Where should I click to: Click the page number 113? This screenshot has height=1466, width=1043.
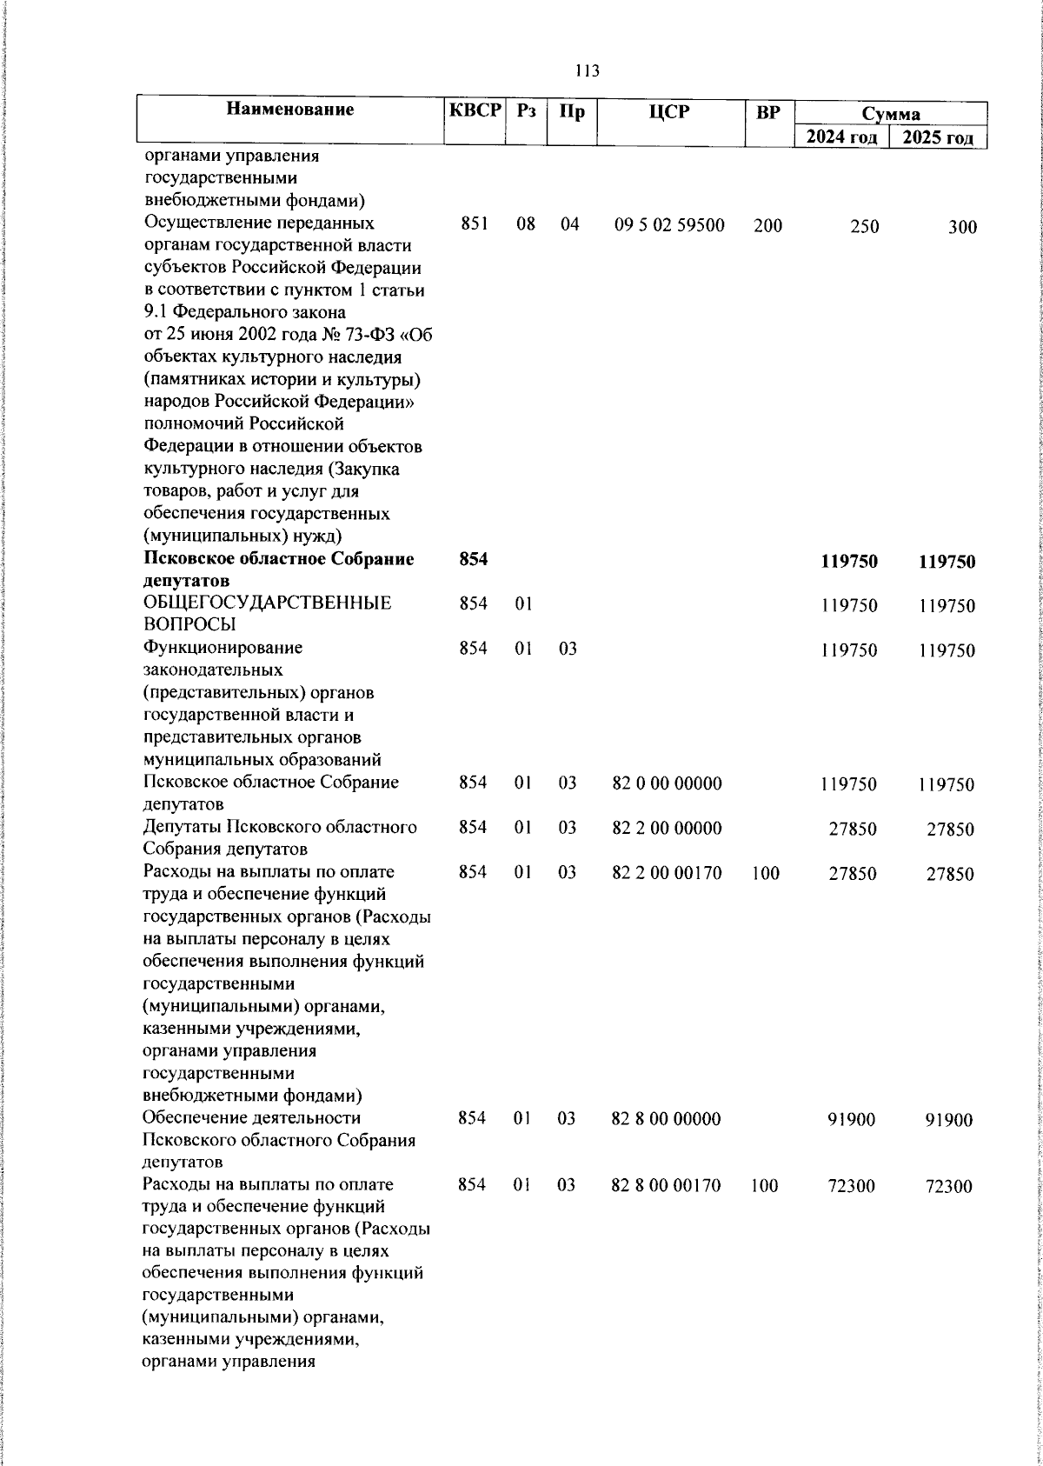587,70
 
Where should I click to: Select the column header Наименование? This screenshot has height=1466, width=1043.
290,110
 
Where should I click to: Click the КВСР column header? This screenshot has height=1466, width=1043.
475,110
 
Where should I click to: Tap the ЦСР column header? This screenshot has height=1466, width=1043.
668,111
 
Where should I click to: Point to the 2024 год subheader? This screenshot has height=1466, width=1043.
840,137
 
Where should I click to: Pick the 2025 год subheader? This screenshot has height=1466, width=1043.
938,138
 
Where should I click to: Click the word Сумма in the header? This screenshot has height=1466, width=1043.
891,114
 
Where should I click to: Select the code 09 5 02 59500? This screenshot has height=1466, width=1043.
669,226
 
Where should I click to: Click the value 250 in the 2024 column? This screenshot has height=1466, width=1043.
864,227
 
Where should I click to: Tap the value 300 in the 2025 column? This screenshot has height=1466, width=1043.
962,228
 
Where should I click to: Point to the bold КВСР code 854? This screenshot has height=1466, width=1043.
474,561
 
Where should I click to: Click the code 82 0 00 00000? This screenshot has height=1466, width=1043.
668,783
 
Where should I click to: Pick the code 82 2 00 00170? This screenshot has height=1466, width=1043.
668,872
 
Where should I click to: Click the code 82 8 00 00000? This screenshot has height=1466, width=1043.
667,1118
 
